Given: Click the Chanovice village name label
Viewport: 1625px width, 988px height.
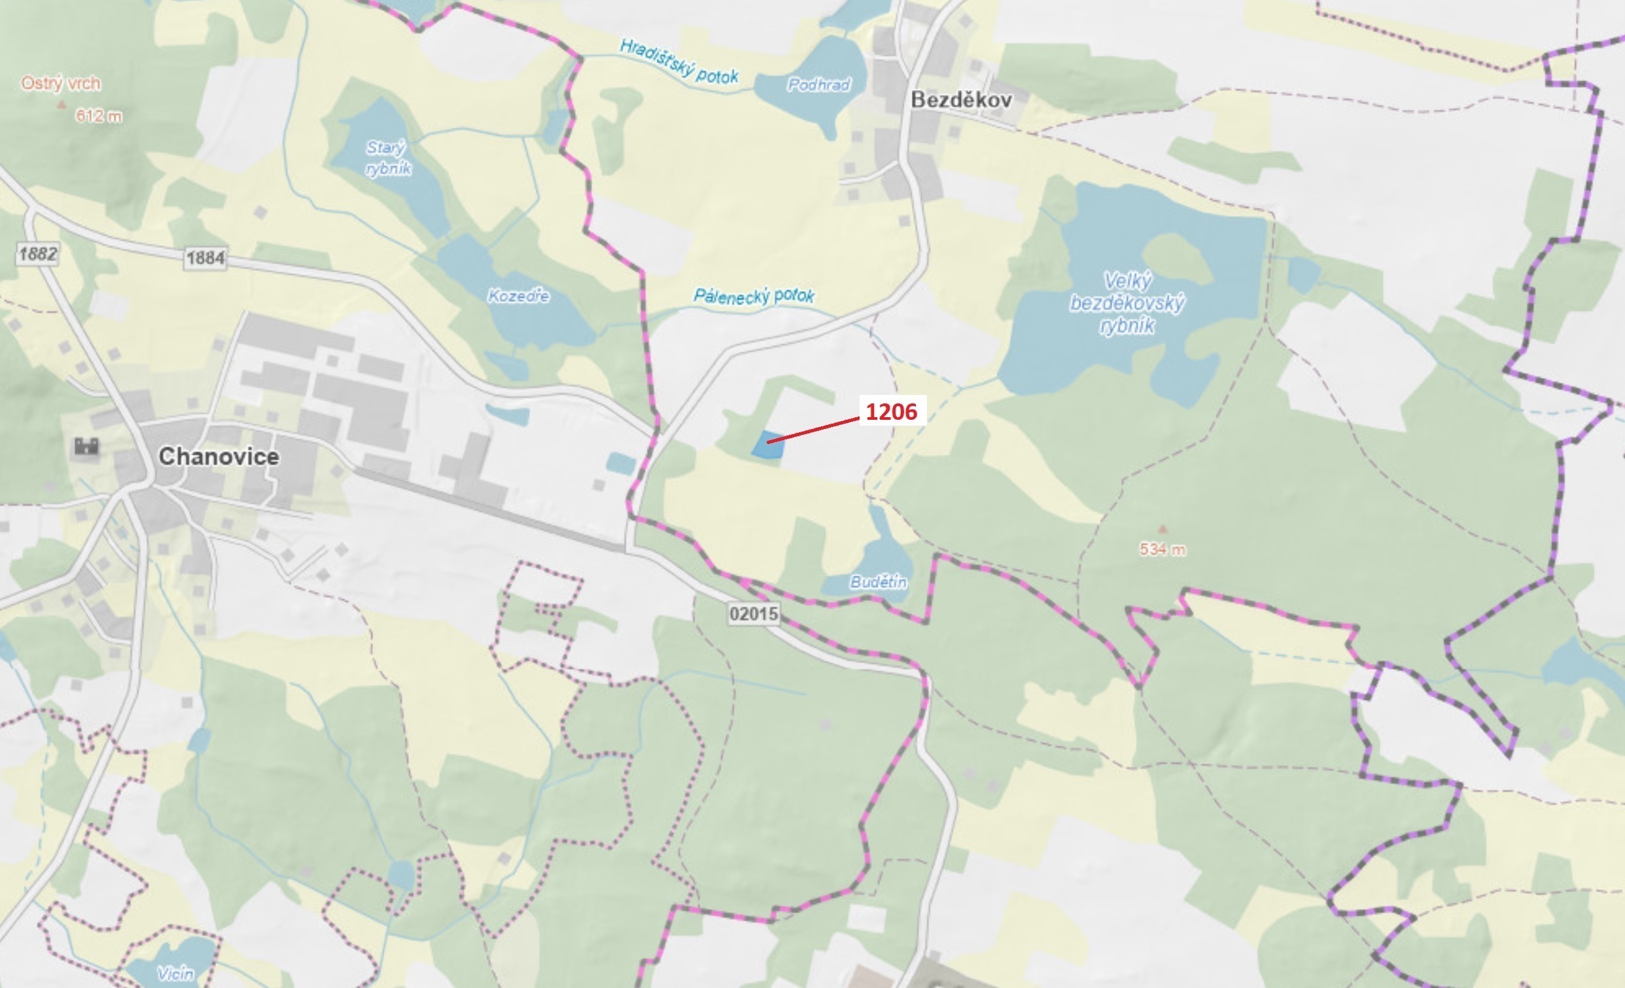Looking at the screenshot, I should coord(219,456).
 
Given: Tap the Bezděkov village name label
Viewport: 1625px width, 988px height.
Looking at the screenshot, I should coord(961,100).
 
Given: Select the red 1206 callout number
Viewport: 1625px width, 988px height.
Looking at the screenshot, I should coord(891,412).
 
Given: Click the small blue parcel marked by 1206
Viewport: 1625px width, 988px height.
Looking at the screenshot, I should coord(768,445).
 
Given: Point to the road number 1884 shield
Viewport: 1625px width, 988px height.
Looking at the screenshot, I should coord(205,258).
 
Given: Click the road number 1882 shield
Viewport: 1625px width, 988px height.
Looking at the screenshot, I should coord(37,254).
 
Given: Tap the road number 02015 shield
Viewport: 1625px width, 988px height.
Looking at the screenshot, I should coord(754,614).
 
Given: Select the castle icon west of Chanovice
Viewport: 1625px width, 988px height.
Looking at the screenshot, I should coord(86,447).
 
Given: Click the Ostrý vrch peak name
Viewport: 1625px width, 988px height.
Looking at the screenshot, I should coord(61,84).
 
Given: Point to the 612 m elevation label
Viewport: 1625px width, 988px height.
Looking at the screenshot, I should coord(98,116).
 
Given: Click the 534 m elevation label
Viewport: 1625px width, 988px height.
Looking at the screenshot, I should coord(1162,549).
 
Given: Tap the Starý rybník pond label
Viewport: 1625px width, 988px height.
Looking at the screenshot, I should coord(388,158).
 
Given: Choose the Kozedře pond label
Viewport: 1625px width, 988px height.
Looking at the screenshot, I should coord(518,296).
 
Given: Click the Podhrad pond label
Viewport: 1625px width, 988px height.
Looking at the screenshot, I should coord(818,84).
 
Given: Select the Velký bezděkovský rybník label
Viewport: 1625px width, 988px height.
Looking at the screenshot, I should coord(1127,303).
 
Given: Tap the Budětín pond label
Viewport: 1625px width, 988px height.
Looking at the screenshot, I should coord(878,582).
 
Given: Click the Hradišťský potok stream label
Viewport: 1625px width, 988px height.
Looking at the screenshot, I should coord(678,61).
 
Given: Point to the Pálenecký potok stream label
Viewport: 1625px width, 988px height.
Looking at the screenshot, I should coord(754,297).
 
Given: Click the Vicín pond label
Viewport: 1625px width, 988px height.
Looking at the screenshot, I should coord(175,973).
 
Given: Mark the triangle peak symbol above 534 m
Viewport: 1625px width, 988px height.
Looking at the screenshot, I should coord(1162,528).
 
